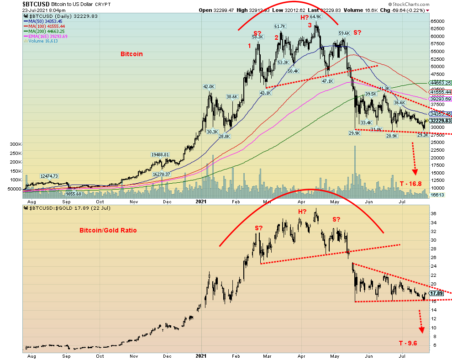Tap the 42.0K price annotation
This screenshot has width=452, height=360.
[209, 87]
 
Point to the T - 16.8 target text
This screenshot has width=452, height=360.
[410, 184]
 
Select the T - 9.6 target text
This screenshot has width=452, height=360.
[409, 343]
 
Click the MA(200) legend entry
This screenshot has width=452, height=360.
[46, 31]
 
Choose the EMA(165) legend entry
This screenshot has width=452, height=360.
[47, 36]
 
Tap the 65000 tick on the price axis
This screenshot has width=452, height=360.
[438, 21]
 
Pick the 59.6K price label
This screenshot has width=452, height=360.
[344, 33]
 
